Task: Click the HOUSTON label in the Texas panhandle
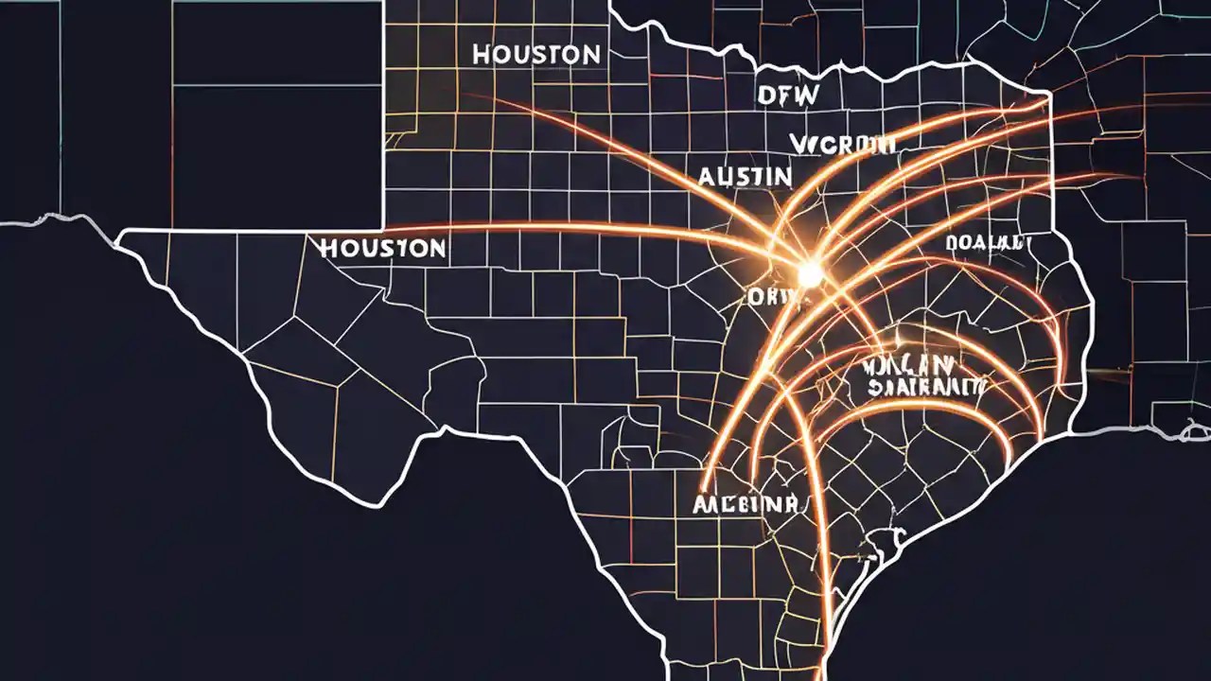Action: coord(535,55)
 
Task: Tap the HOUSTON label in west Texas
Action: coord(383,249)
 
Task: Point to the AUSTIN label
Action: coord(745,176)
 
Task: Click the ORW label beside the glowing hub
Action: coord(774,297)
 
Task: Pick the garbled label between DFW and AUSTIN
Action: coord(842,144)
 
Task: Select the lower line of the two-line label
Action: coord(926,386)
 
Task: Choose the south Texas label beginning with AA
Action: coord(746,502)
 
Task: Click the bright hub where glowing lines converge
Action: coord(809,274)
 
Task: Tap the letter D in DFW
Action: coord(765,96)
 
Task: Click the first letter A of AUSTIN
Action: coord(707,177)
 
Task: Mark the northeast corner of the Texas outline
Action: coord(1048,94)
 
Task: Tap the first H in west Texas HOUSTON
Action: coord(329,250)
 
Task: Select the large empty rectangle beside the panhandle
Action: coord(276,113)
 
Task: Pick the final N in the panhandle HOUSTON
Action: coord(590,55)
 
